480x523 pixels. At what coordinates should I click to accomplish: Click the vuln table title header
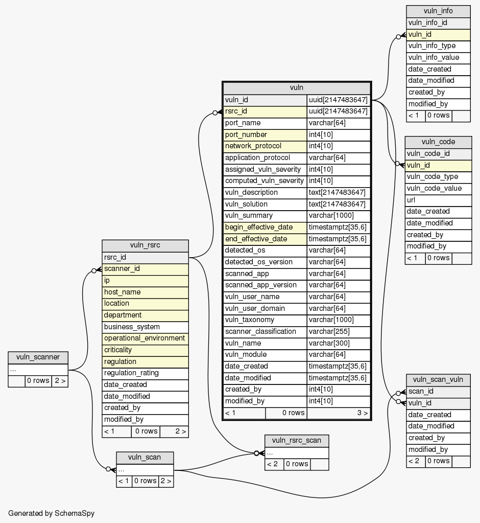click(297, 88)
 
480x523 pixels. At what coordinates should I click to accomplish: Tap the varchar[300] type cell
click(339, 344)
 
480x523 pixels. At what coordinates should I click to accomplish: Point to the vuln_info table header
click(438, 11)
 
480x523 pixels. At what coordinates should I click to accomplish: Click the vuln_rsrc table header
click(145, 245)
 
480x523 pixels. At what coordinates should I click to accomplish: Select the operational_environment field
click(145, 338)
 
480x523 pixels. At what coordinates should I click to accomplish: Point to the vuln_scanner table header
click(38, 357)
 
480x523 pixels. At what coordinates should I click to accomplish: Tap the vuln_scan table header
click(145, 457)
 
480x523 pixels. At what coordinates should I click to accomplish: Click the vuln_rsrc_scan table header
click(296, 441)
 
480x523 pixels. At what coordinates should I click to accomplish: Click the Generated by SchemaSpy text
click(52, 513)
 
